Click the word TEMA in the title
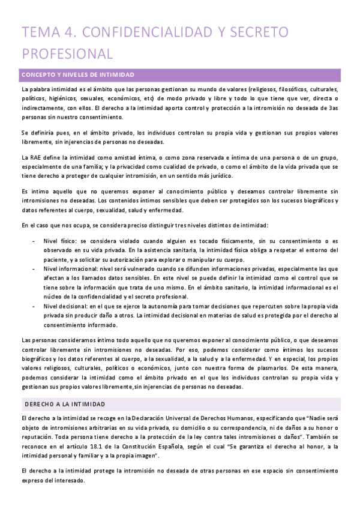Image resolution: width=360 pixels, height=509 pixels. [38, 32]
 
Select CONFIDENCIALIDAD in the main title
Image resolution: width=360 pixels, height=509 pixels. [141, 32]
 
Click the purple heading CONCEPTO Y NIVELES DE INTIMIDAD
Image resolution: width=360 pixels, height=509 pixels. [78, 74]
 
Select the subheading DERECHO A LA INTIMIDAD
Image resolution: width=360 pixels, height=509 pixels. [71, 387]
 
